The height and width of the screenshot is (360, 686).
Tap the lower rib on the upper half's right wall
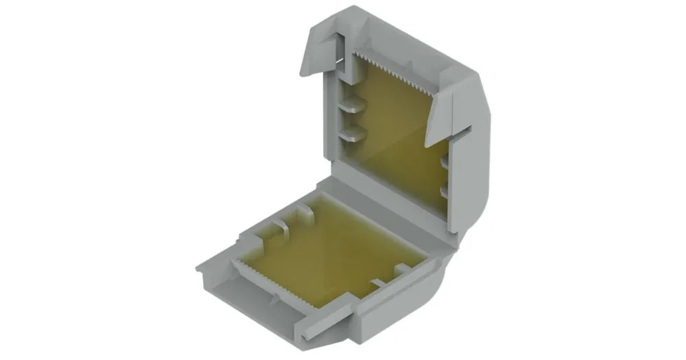(x=445, y=189)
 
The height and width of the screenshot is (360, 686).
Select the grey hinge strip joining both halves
(x=391, y=199)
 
